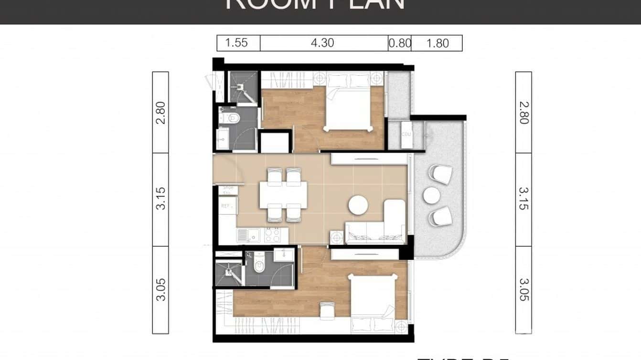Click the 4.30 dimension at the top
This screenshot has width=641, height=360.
pyautogui.click(x=322, y=43)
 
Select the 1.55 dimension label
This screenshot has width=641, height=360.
pyautogui.click(x=236, y=43)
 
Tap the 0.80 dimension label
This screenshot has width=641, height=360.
pyautogui.click(x=400, y=43)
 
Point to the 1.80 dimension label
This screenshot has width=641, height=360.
pyautogui.click(x=437, y=43)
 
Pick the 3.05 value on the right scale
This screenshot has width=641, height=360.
pyautogui.click(x=523, y=290)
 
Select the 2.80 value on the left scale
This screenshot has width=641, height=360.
pyautogui.click(x=161, y=113)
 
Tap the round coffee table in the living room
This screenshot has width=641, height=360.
pyautogui.click(x=358, y=205)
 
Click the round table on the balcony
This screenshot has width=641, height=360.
pyautogui.click(x=432, y=195)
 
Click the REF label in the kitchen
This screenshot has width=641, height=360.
pyautogui.click(x=226, y=206)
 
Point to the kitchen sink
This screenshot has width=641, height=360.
pyautogui.click(x=242, y=235)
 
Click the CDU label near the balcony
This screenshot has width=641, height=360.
pyautogui.click(x=406, y=134)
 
